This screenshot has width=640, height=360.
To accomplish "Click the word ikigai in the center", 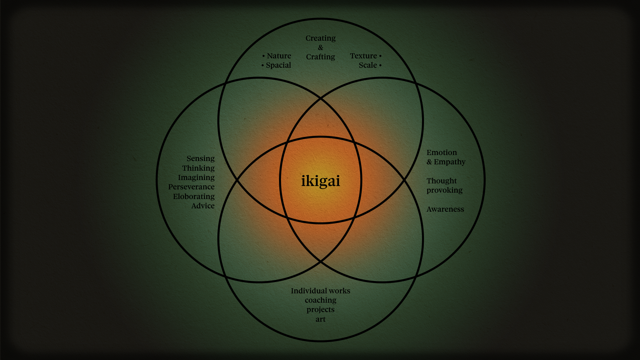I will (x=320, y=181).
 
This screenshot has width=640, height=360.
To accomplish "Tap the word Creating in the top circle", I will (x=320, y=38).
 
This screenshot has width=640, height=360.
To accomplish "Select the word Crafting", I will (x=320, y=57).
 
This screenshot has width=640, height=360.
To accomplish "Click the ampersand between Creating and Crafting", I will (x=320, y=48).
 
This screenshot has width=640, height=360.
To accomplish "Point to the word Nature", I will (x=279, y=56).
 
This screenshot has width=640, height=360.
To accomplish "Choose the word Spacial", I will (x=278, y=65).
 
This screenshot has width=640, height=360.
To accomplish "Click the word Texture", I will (x=363, y=56).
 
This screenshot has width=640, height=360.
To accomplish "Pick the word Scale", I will (x=368, y=65).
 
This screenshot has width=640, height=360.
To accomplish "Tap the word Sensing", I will (x=200, y=159).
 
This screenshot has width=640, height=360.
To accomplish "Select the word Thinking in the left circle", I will (x=198, y=168).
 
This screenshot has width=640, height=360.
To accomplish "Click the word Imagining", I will (x=196, y=178).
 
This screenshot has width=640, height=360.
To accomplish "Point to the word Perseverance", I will (x=191, y=187).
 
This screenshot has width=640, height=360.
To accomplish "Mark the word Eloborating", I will (x=194, y=197).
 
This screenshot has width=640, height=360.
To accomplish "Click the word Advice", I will (x=203, y=206).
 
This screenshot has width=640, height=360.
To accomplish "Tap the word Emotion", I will (x=442, y=153).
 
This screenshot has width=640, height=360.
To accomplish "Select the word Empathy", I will (x=449, y=162).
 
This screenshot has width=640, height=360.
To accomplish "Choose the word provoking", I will (x=444, y=190).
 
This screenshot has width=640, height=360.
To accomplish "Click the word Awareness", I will (x=445, y=209).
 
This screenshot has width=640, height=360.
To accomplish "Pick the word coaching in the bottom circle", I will (x=320, y=300).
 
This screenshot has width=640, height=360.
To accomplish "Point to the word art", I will (x=320, y=319).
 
